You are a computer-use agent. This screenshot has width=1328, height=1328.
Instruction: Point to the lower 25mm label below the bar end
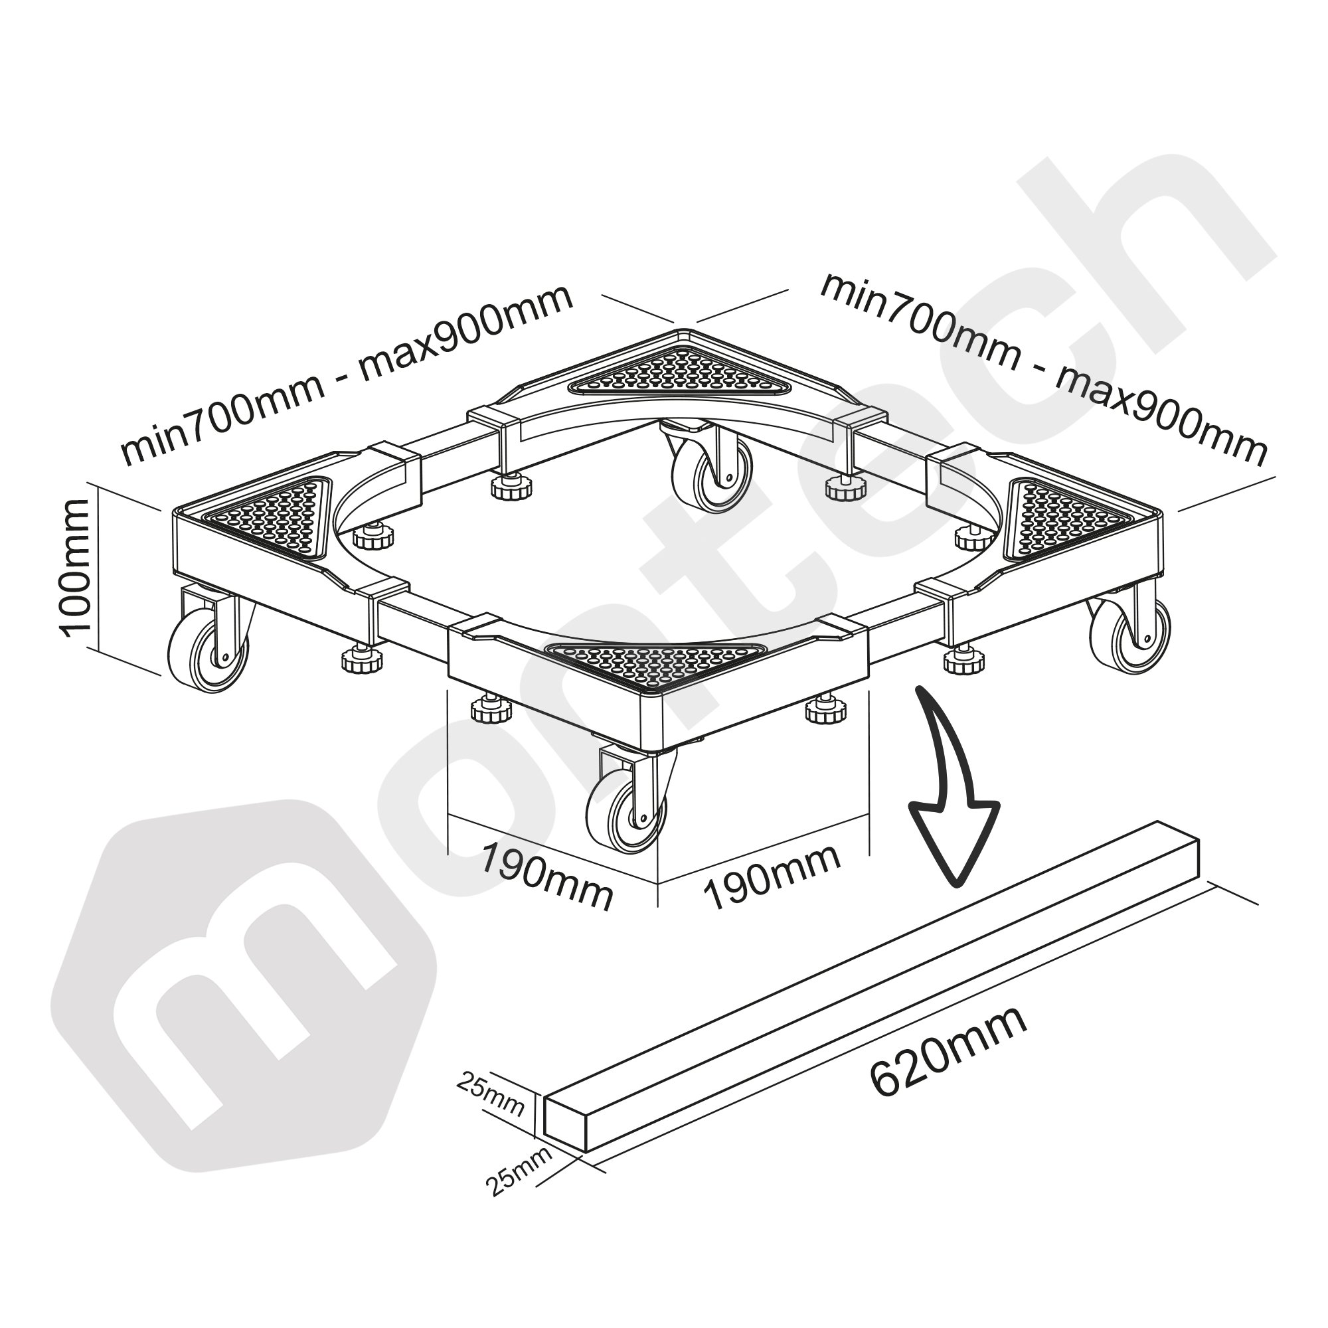coord(520,1179)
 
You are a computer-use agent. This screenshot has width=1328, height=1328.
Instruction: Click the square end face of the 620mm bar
coord(565,1125)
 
